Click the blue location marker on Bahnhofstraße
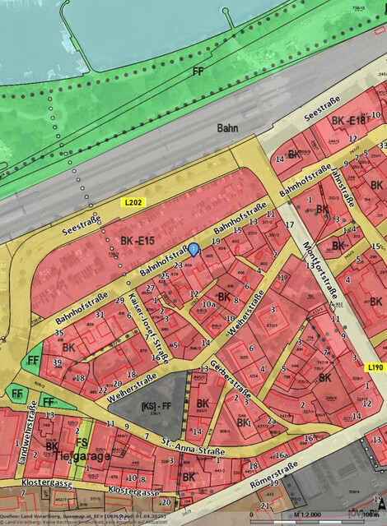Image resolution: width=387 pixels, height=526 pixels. (x=194, y=248)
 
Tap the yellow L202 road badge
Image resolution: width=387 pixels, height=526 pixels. (x=133, y=202)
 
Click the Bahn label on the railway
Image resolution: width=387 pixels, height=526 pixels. (x=227, y=128)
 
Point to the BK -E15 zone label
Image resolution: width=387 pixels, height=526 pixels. (x=138, y=242)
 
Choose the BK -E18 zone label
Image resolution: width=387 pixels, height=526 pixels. (x=347, y=122)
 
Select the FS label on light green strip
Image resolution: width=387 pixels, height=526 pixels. (x=81, y=442)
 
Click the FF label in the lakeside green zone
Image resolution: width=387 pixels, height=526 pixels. (x=197, y=72)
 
